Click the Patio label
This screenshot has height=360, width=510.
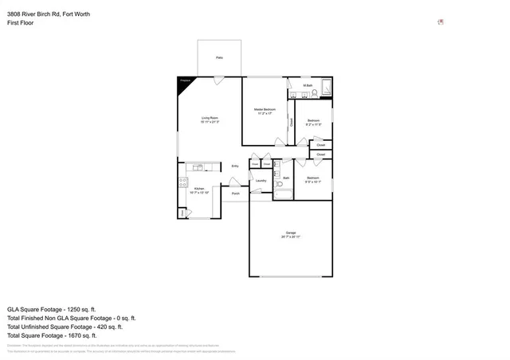point(219,58)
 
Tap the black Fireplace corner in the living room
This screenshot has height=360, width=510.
point(183,82)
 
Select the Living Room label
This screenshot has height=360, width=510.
point(210,119)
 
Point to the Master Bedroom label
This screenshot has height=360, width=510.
point(265,111)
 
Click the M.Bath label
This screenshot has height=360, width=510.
point(307,85)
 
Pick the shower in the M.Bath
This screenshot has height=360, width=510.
point(325,88)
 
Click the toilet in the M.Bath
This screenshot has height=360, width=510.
point(314,94)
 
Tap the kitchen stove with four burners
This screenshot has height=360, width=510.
point(183,182)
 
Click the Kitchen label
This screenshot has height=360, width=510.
point(200,190)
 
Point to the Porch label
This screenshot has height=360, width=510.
point(235,194)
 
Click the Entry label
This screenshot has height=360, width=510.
point(235,166)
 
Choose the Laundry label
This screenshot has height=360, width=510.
point(261,181)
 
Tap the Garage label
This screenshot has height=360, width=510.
point(291,234)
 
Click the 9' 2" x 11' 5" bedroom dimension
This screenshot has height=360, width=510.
point(313,125)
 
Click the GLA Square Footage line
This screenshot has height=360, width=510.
point(52,309)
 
